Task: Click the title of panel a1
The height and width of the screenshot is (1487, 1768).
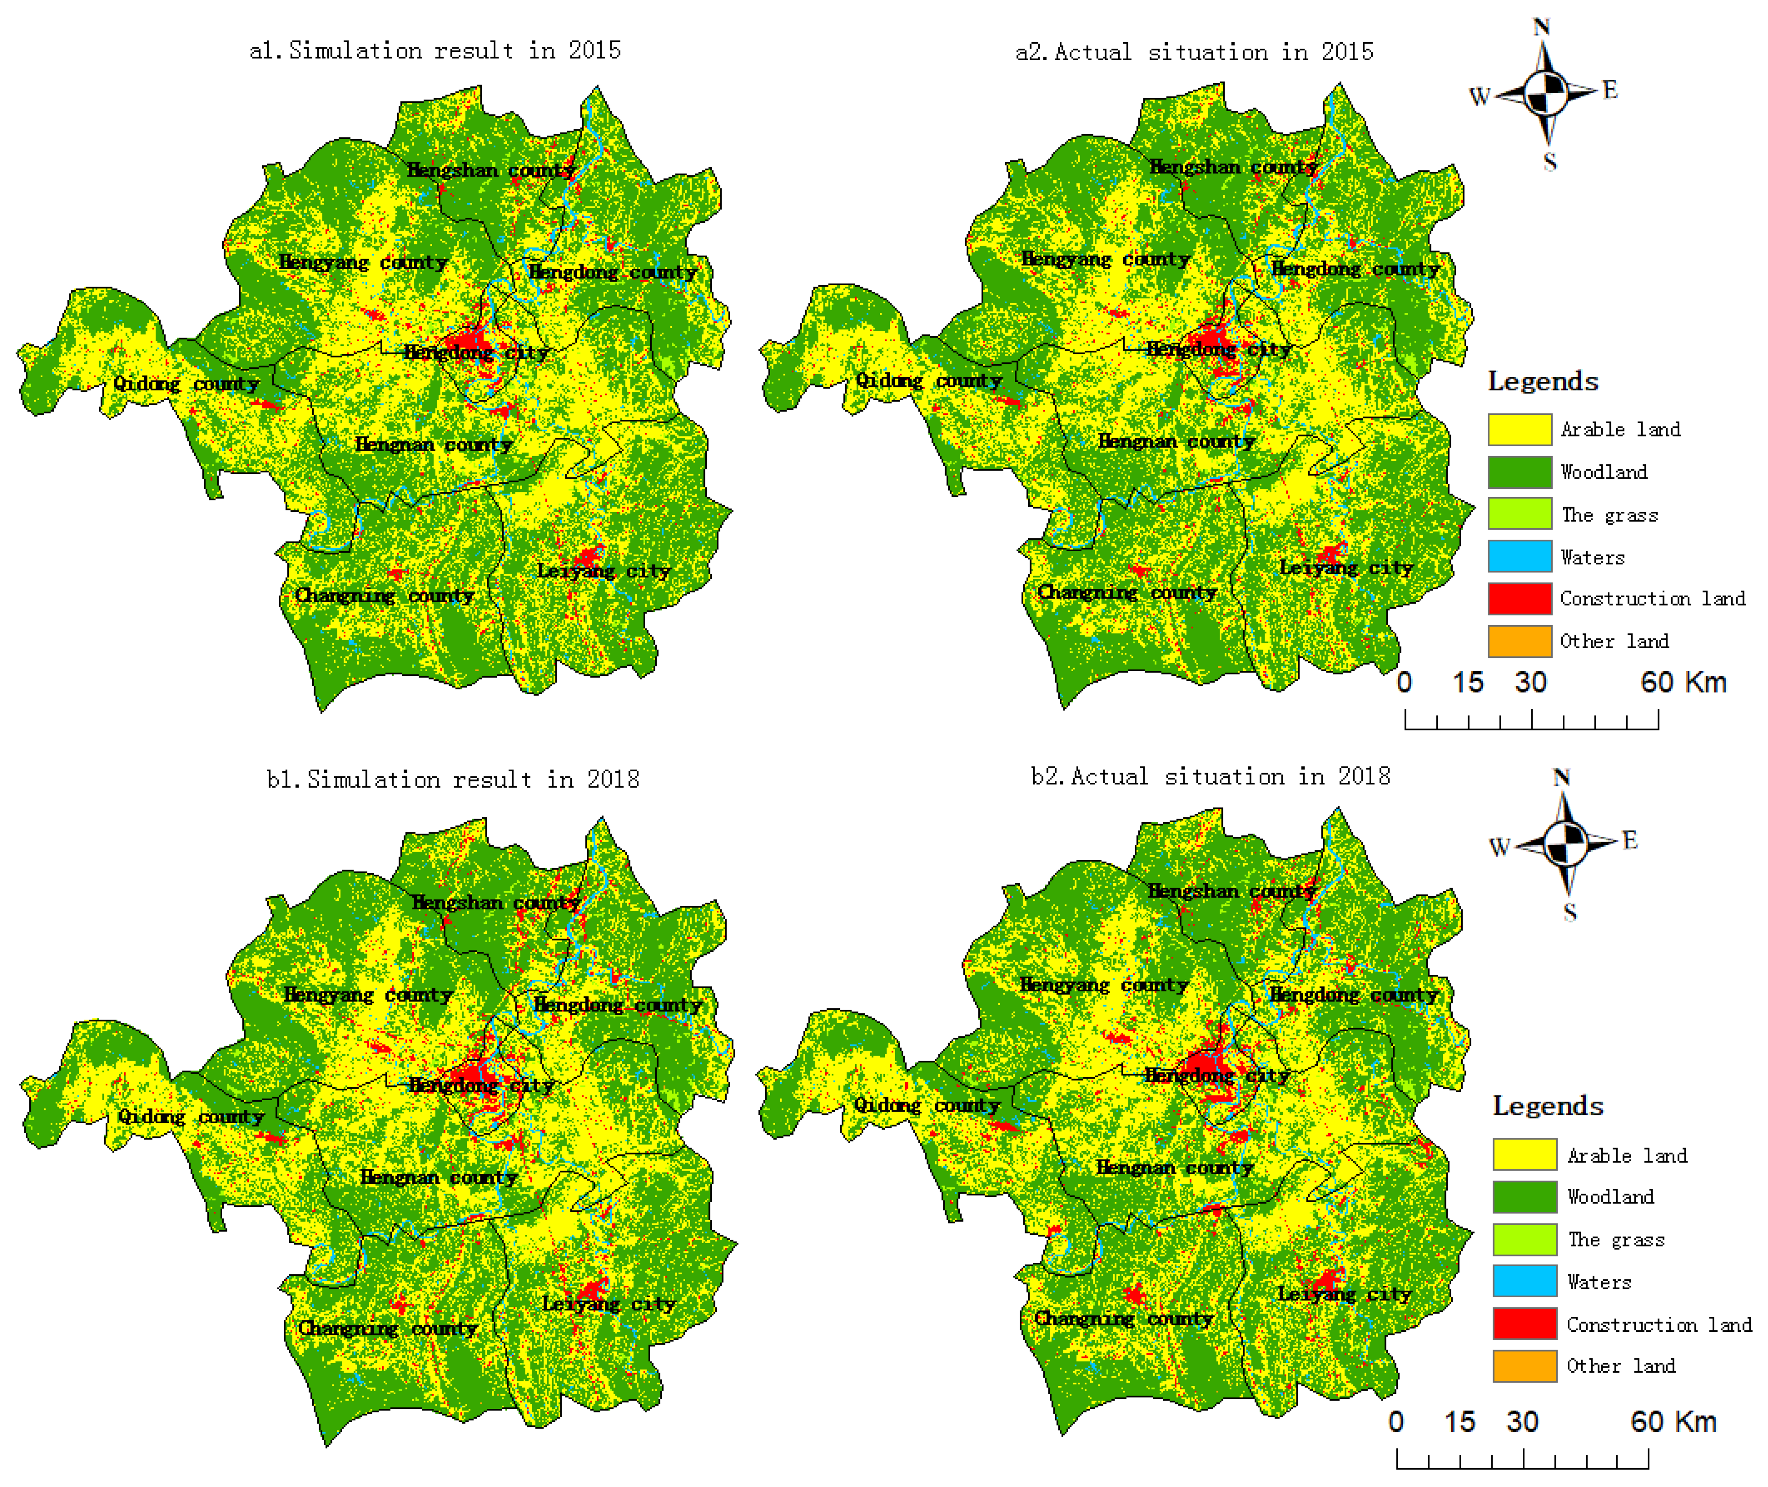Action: [x=435, y=51]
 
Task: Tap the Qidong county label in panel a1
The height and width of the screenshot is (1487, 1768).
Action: [x=186, y=384]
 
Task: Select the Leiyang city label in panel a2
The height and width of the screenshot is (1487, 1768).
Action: [x=1346, y=568]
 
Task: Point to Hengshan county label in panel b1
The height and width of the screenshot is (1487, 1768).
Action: [x=495, y=903]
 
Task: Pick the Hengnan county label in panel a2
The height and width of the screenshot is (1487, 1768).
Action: [x=1177, y=442]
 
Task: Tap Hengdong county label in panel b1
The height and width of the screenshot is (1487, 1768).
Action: [x=618, y=1005]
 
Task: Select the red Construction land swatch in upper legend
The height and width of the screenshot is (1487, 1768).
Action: [x=1520, y=599]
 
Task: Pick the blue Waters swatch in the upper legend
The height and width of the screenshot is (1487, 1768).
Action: [x=1520, y=556]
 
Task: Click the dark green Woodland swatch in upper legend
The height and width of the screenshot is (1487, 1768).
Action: [x=1520, y=472]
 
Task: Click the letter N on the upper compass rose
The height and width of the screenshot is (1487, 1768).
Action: [x=1541, y=28]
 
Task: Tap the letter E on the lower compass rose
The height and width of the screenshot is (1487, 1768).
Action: [x=1630, y=841]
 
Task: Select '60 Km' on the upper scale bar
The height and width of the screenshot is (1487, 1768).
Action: [x=1683, y=682]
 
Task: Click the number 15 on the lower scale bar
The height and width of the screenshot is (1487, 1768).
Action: [x=1459, y=1422]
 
